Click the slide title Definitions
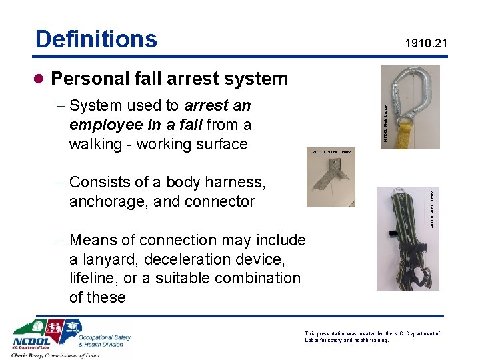(96, 39)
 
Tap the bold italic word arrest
(206, 105)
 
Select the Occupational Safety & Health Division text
(105, 341)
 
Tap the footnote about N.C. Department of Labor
(371, 337)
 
